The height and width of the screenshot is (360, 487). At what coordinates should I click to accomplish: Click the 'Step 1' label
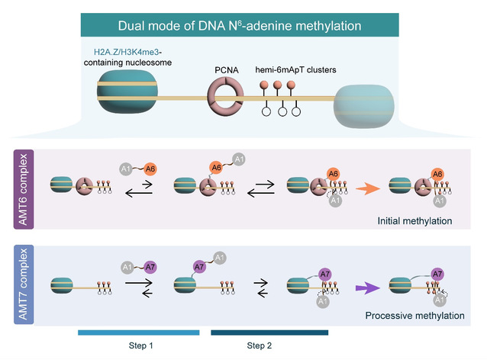[140, 346]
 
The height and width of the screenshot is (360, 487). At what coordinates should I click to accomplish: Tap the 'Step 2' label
[258, 346]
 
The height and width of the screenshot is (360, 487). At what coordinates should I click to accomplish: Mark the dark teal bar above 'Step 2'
[269, 333]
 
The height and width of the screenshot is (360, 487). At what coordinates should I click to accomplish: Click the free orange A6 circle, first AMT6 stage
[151, 169]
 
